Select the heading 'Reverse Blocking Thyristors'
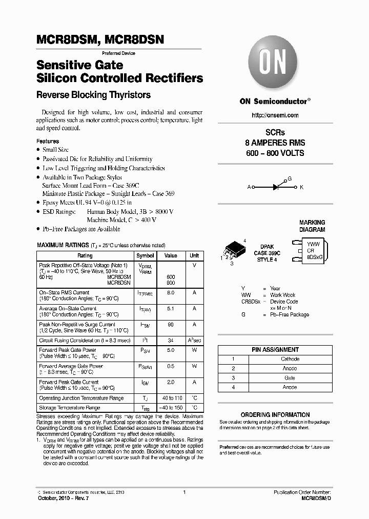click(x=93, y=95)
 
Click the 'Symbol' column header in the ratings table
click(x=145, y=255)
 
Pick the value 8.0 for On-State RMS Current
click(x=171, y=292)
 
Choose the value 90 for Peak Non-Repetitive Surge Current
click(x=171, y=325)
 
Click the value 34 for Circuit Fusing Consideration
click(x=171, y=340)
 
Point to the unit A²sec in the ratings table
click(x=194, y=340)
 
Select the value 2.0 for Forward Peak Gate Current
click(x=171, y=382)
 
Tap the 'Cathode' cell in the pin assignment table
click(x=290, y=359)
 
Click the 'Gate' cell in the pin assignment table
click(x=290, y=377)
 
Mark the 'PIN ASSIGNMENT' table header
click(x=275, y=349)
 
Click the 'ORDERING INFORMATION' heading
click(x=275, y=415)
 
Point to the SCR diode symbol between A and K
click(x=276, y=187)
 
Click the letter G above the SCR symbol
click(x=290, y=178)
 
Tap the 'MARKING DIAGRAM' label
click(x=312, y=226)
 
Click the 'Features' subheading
click(x=48, y=141)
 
